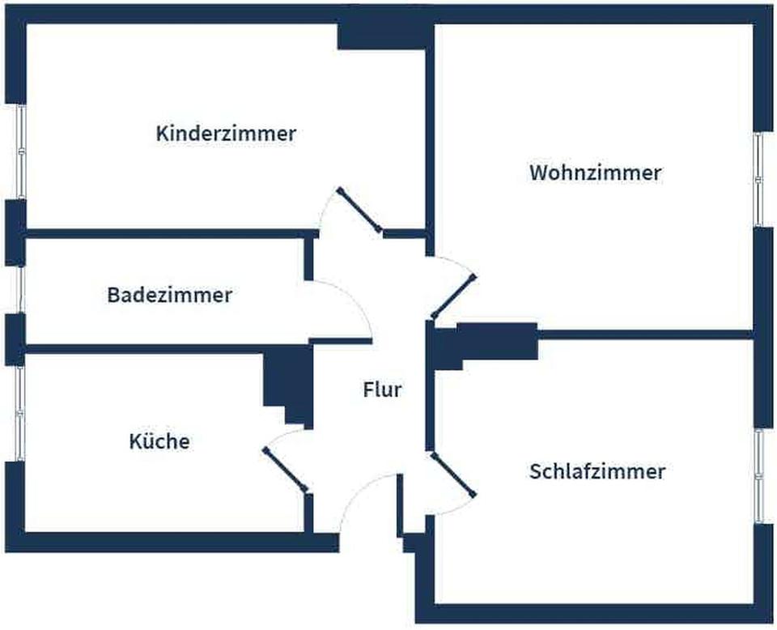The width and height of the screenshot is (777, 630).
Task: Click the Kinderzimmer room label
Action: pyautogui.click(x=226, y=134)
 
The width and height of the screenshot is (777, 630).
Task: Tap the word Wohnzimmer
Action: pyautogui.click(x=595, y=172)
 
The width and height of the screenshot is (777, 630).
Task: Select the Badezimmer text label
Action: pyautogui.click(x=169, y=295)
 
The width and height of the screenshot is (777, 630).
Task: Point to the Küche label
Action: pyautogui.click(x=159, y=441)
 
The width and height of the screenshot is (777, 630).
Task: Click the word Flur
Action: pyautogui.click(x=381, y=390)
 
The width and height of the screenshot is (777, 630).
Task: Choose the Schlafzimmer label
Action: pyautogui.click(x=597, y=471)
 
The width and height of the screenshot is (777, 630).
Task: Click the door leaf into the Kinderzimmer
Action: pyautogui.click(x=360, y=211)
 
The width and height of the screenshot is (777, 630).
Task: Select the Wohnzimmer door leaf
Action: pyautogui.click(x=453, y=296)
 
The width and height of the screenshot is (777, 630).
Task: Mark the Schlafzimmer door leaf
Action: pyautogui.click(x=453, y=474)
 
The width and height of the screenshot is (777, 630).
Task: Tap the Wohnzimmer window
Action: pyautogui.click(x=758, y=179)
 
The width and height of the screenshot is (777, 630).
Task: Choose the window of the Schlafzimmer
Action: pyautogui.click(x=758, y=475)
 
